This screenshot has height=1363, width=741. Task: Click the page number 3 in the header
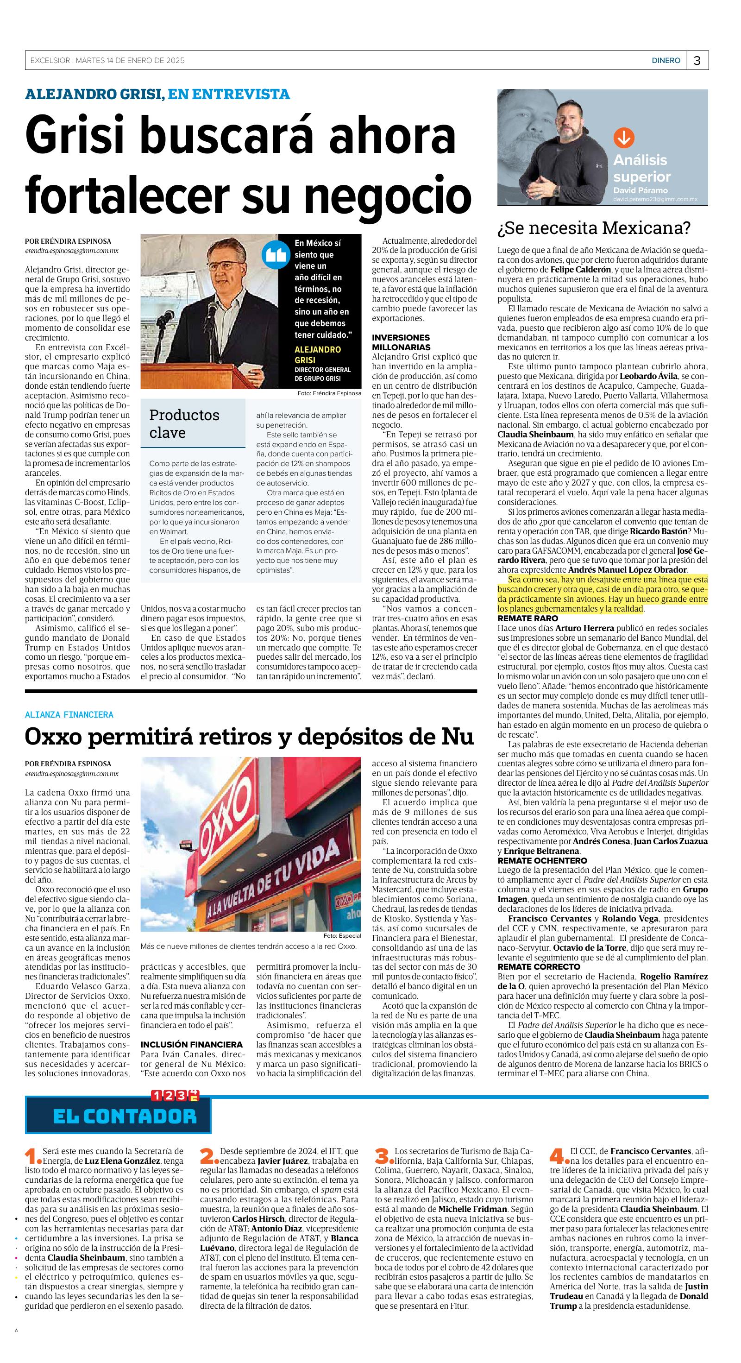[x=697, y=61]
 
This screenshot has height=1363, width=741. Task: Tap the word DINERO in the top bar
[x=666, y=61]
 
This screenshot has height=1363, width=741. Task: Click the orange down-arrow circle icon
[x=623, y=138]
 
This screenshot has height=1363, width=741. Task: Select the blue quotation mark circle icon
[x=276, y=255]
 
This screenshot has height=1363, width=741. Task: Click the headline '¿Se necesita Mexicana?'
[x=593, y=228]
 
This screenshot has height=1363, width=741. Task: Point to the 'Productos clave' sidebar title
[x=184, y=423]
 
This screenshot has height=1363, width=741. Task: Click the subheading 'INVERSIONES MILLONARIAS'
[x=401, y=342]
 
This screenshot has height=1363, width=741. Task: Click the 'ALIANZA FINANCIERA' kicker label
[x=69, y=715]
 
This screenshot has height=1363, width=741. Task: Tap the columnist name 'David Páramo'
[x=640, y=190]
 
